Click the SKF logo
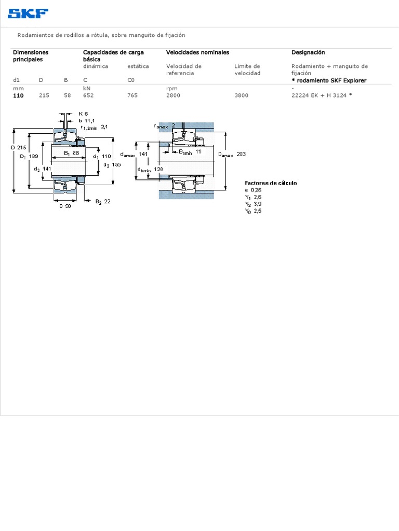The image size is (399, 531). (28, 13)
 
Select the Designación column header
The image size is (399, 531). (308, 52)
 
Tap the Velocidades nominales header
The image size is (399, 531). (197, 52)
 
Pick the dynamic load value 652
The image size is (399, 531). (89, 95)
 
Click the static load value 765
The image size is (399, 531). (133, 95)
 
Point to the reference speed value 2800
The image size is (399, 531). (174, 95)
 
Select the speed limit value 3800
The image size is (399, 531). (241, 95)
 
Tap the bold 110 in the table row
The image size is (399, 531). (18, 95)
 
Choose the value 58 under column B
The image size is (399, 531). (67, 95)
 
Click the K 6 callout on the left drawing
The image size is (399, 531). (83, 114)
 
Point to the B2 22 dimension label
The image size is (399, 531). (102, 201)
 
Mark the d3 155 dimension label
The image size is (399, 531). (112, 164)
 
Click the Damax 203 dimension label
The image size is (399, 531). (232, 155)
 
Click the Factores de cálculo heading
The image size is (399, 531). (271, 183)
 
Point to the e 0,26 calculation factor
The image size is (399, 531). (254, 190)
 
